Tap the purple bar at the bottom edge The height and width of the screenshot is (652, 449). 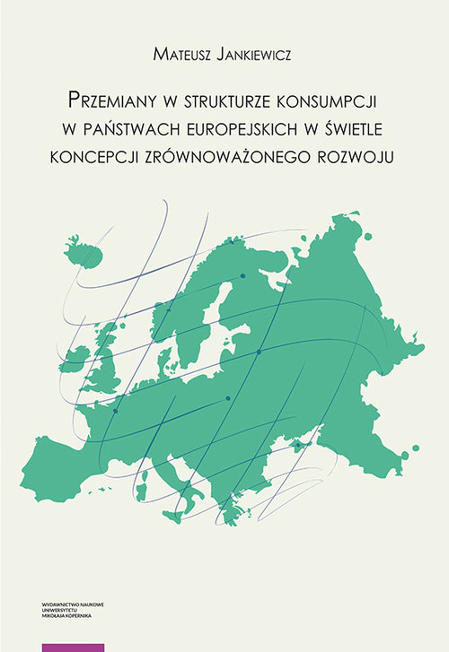coord(73,647)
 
